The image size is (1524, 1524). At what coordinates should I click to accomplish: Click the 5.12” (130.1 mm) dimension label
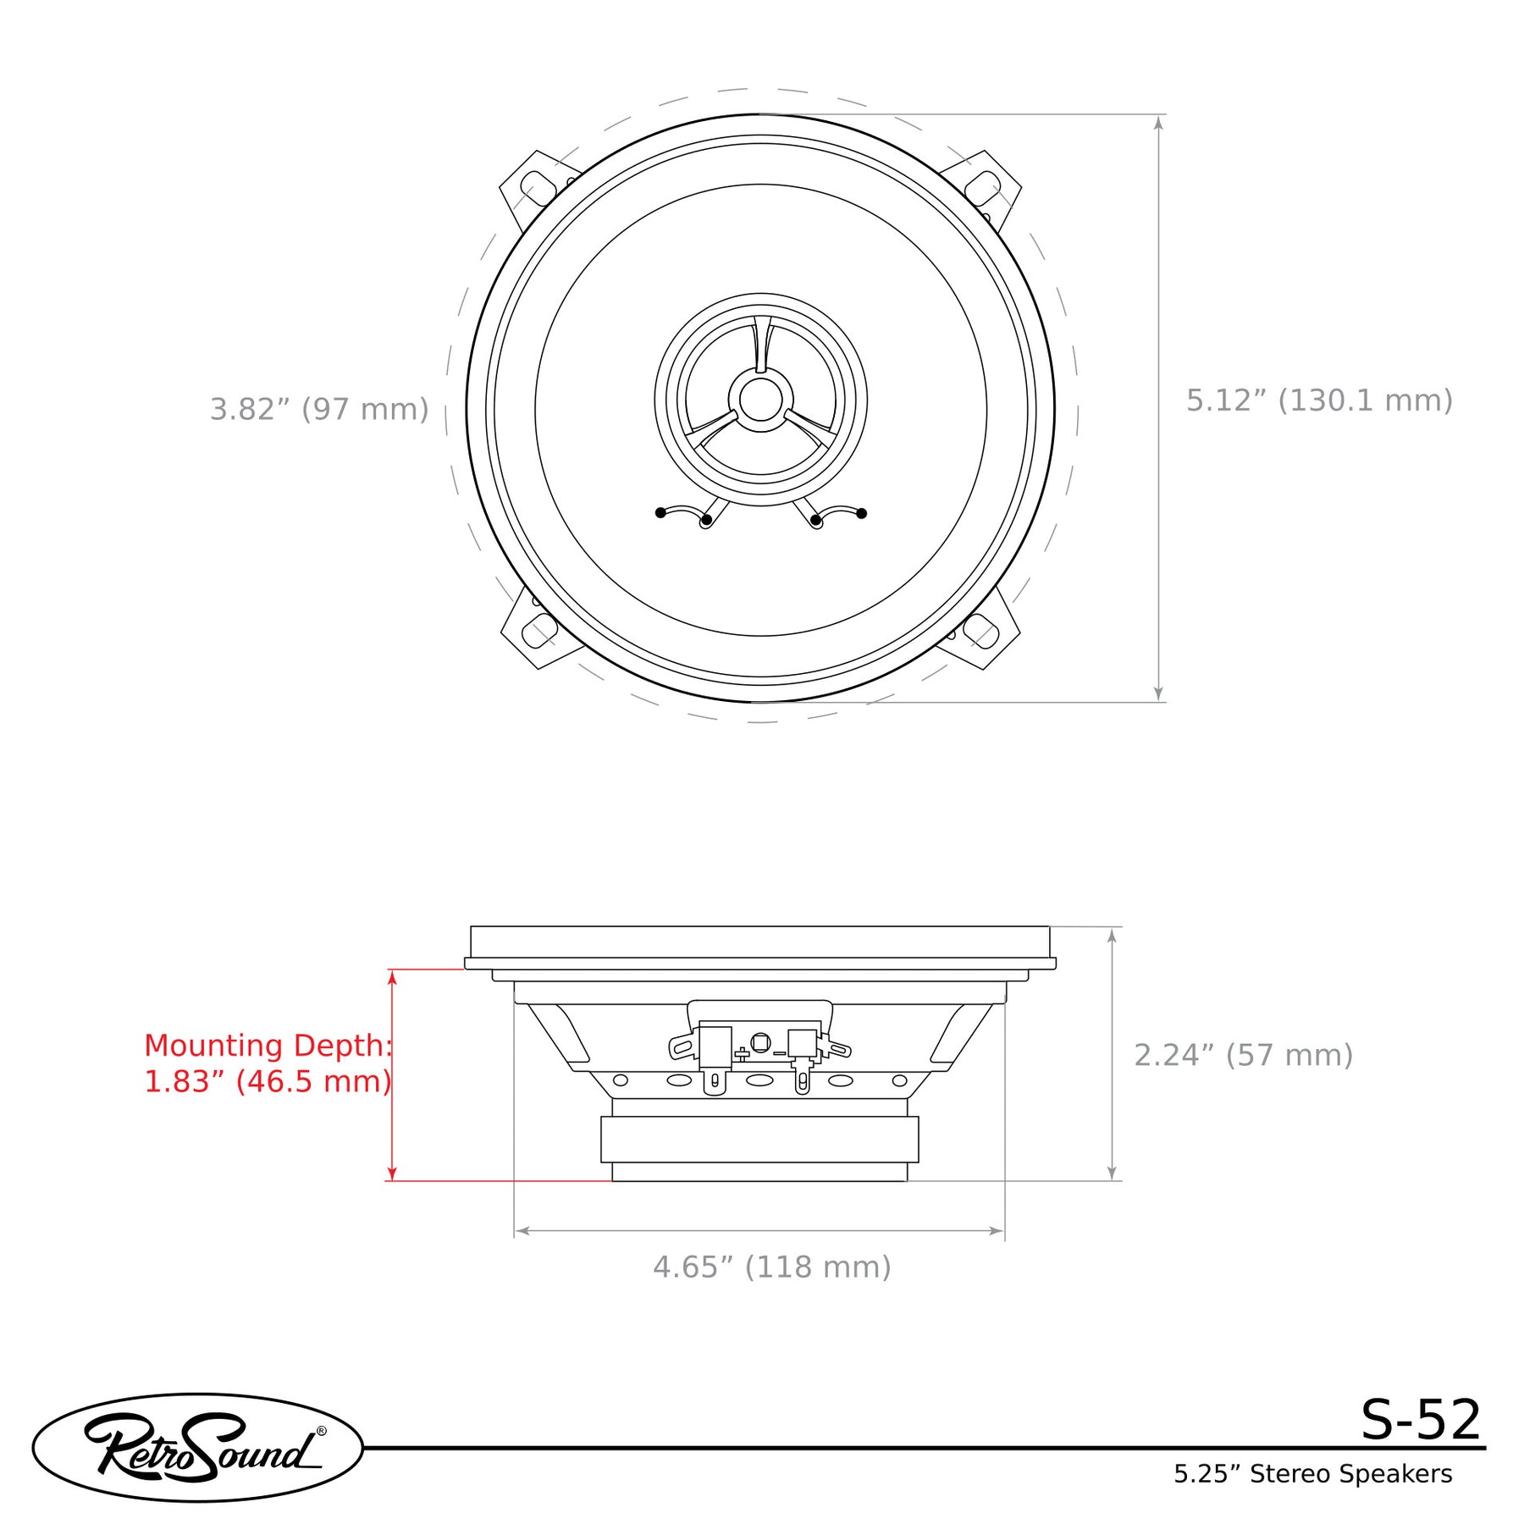coord(1319,400)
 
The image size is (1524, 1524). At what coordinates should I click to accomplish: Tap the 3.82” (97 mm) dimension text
coord(319,409)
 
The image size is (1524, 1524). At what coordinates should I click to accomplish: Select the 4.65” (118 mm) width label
coord(772,1267)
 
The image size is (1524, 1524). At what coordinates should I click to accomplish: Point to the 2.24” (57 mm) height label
coord(1243,1055)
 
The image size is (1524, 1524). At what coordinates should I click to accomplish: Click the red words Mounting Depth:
coord(268,1046)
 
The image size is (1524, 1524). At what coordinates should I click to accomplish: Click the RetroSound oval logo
coord(198,1448)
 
